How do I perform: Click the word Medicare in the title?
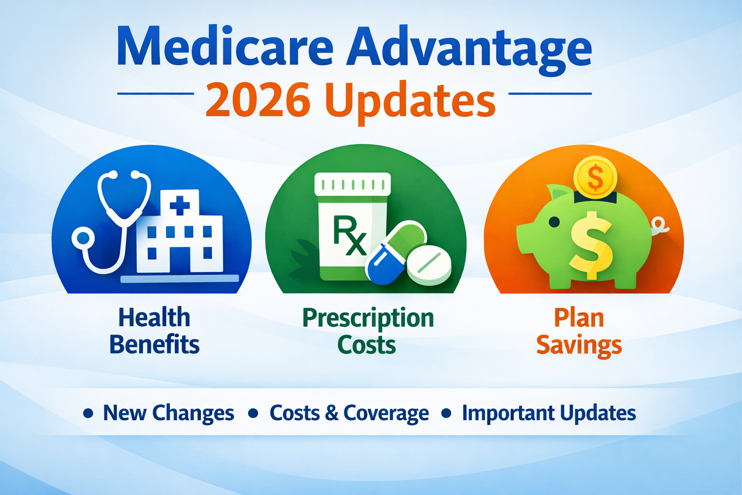(225, 47)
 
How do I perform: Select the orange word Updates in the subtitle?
(410, 102)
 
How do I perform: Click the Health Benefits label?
(154, 331)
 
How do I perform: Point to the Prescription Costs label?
(368, 331)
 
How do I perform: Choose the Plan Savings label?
(579, 331)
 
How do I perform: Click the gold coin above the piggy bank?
(595, 177)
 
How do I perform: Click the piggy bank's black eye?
(555, 222)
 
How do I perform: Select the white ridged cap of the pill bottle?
(352, 184)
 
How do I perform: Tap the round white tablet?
(429, 264)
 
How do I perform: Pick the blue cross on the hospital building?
(180, 205)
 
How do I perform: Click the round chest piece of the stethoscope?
(84, 238)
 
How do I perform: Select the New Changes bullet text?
(168, 413)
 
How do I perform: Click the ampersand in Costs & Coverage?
(331, 413)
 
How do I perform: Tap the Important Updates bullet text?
(549, 413)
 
